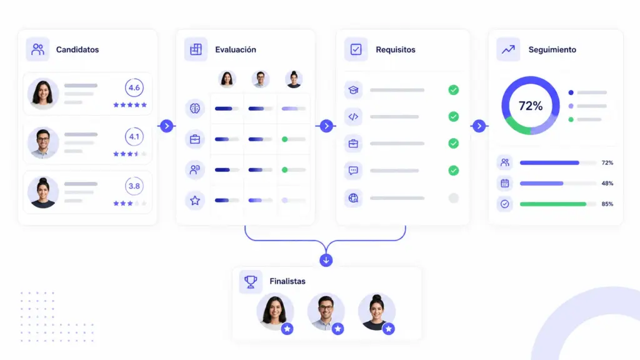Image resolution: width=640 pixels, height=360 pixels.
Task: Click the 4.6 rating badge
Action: point(134,87)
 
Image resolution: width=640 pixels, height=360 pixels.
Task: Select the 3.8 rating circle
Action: point(134,186)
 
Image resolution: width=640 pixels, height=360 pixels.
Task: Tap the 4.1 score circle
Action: point(134,137)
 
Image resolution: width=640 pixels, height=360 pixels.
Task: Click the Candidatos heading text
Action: point(77,50)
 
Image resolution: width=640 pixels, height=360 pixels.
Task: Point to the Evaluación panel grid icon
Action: point(196,49)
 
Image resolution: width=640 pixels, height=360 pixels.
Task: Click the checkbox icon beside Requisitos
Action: point(356,49)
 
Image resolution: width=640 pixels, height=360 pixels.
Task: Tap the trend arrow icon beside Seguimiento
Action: point(508,49)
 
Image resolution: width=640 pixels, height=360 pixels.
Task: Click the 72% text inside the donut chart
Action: point(531,106)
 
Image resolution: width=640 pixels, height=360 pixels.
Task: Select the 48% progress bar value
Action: point(607,183)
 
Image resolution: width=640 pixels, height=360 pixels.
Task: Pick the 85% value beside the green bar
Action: point(607,204)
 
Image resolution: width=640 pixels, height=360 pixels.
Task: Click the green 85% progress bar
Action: point(553,204)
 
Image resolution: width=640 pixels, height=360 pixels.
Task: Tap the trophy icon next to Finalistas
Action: point(251,281)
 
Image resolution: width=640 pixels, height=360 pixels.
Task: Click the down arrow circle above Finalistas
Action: point(326,260)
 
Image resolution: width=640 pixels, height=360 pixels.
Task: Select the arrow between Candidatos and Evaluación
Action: point(166,126)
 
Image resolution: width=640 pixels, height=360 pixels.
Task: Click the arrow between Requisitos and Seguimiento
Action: point(479,126)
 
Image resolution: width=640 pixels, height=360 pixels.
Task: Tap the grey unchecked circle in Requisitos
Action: point(454,198)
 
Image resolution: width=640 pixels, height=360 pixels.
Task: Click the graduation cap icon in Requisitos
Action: point(353,90)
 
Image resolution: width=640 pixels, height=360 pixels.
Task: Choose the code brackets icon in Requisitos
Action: point(353,117)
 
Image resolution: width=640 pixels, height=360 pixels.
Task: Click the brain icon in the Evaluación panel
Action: point(195,108)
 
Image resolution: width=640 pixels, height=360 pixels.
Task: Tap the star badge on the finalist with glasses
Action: point(337,329)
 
